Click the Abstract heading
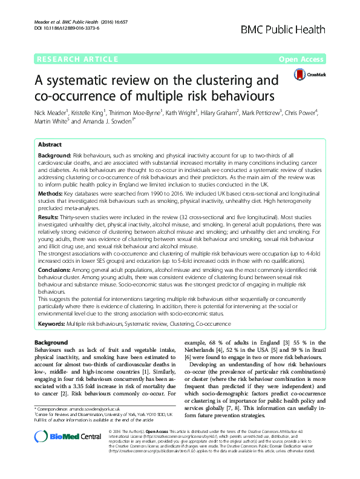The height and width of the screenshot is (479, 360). tap(50, 145)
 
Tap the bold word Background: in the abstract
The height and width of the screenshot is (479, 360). tap(54, 156)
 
